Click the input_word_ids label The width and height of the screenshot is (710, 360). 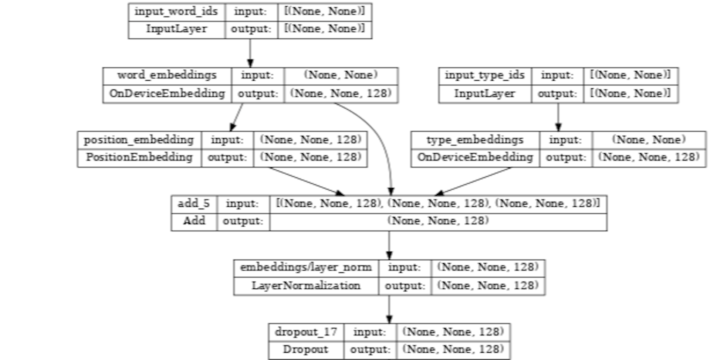(x=176, y=11)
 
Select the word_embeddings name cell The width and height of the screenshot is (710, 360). (x=167, y=75)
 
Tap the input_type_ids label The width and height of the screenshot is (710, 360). (x=484, y=75)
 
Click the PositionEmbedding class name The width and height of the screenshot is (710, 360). (x=139, y=157)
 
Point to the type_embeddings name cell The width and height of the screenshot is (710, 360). (x=475, y=140)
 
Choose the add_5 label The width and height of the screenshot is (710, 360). (x=194, y=204)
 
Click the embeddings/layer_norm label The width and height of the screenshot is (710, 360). (x=306, y=268)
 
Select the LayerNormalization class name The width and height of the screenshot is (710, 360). (x=306, y=286)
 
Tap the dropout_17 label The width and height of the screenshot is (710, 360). (x=306, y=332)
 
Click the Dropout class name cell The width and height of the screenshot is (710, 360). (x=306, y=350)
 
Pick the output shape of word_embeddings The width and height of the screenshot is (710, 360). (x=341, y=94)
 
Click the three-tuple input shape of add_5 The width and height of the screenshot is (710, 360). (x=438, y=204)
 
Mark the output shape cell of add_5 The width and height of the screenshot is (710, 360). (x=438, y=221)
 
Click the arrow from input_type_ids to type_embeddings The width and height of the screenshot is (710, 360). (x=558, y=117)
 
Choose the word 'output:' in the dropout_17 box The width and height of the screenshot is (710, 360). (x=370, y=350)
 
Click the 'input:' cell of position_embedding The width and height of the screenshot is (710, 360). (x=227, y=140)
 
